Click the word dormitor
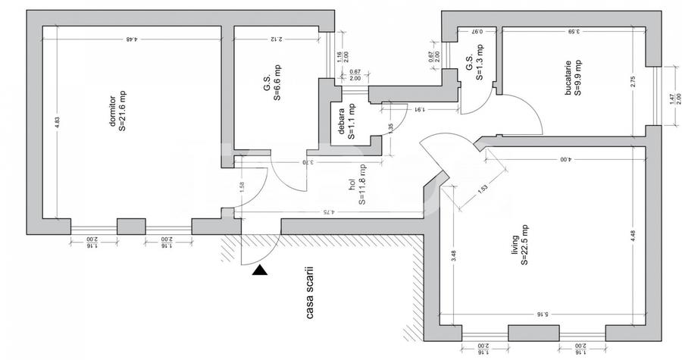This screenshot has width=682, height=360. pyautogui.click(x=111, y=111)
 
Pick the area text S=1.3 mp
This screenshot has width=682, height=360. pyautogui.click(x=479, y=67)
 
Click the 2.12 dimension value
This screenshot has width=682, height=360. pyautogui.click(x=276, y=39)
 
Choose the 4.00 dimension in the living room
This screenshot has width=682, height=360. pyautogui.click(x=565, y=160)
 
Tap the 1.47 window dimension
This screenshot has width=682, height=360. pyautogui.click(x=671, y=98)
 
